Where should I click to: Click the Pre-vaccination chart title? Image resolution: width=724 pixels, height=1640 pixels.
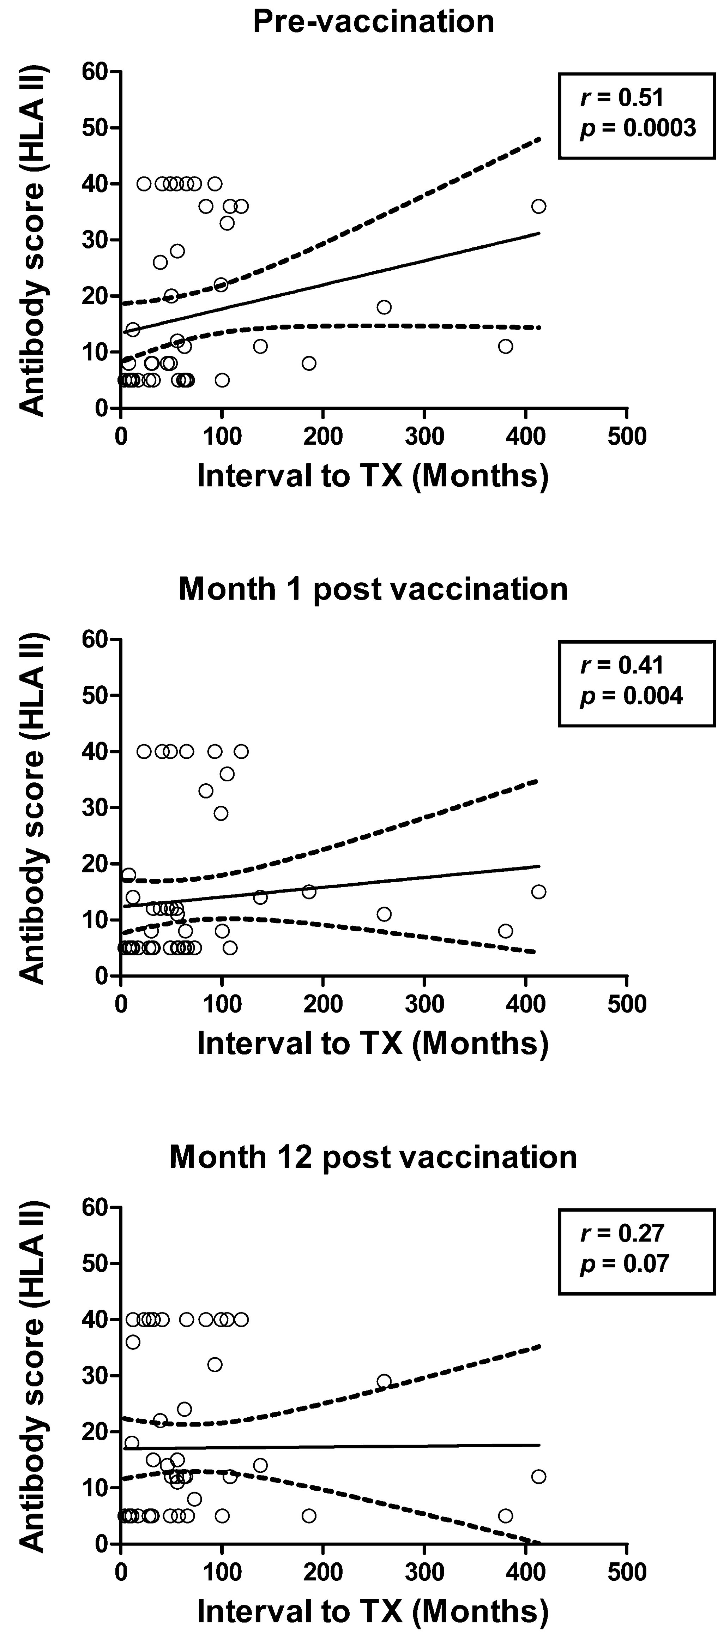(373, 22)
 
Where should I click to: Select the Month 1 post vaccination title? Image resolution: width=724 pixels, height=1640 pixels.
(373, 589)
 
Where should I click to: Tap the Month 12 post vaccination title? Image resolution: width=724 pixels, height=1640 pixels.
(373, 1157)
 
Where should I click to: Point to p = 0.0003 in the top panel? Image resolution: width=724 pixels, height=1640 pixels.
(638, 128)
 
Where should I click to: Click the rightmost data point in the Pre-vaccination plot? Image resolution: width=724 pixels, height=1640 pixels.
(539, 206)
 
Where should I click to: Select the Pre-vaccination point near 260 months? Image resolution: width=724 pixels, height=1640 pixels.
(384, 307)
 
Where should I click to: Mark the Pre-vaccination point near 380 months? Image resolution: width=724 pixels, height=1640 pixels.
(506, 346)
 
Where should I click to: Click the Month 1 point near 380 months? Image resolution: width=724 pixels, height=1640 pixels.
(506, 931)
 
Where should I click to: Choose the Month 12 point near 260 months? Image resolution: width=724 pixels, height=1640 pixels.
(384, 1381)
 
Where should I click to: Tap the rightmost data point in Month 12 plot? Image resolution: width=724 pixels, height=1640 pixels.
(539, 1476)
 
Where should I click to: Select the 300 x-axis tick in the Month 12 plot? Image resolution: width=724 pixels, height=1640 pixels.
(425, 1572)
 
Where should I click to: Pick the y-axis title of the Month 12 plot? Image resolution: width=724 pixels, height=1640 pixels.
(32, 1375)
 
